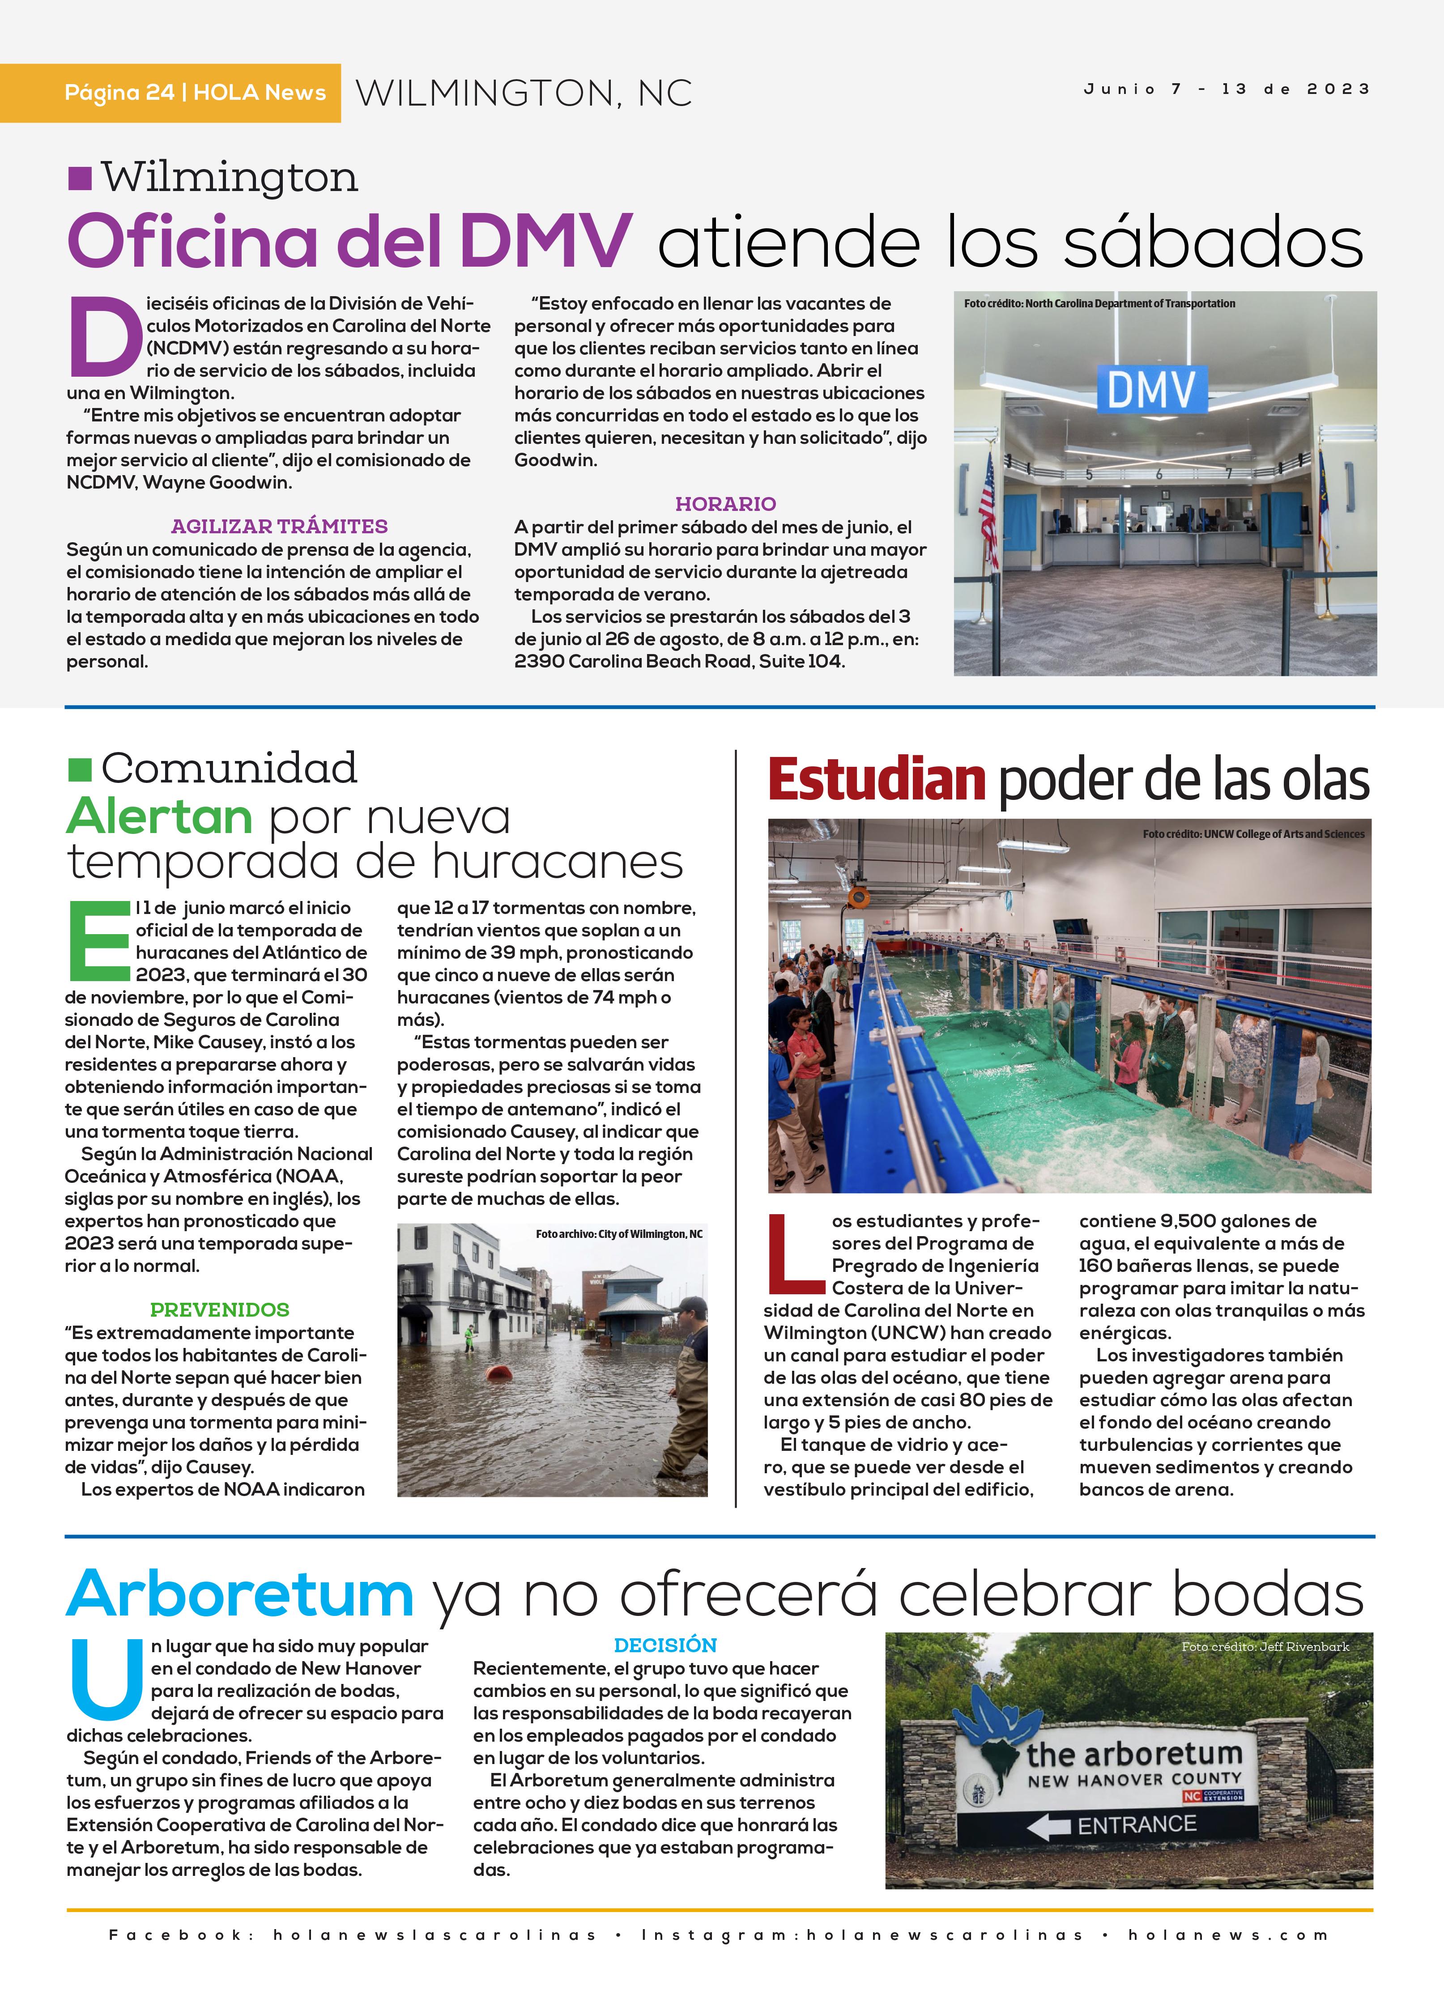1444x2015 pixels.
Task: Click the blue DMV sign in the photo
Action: pos(1152,389)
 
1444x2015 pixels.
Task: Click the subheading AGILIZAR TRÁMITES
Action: pos(279,526)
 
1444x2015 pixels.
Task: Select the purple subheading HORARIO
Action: pos(725,504)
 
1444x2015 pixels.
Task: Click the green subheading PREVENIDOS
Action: pos(220,1309)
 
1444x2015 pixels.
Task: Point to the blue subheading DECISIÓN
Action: pos(664,1645)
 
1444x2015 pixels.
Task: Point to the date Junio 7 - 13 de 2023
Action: pos(1226,89)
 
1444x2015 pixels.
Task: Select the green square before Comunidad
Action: pos(80,769)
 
